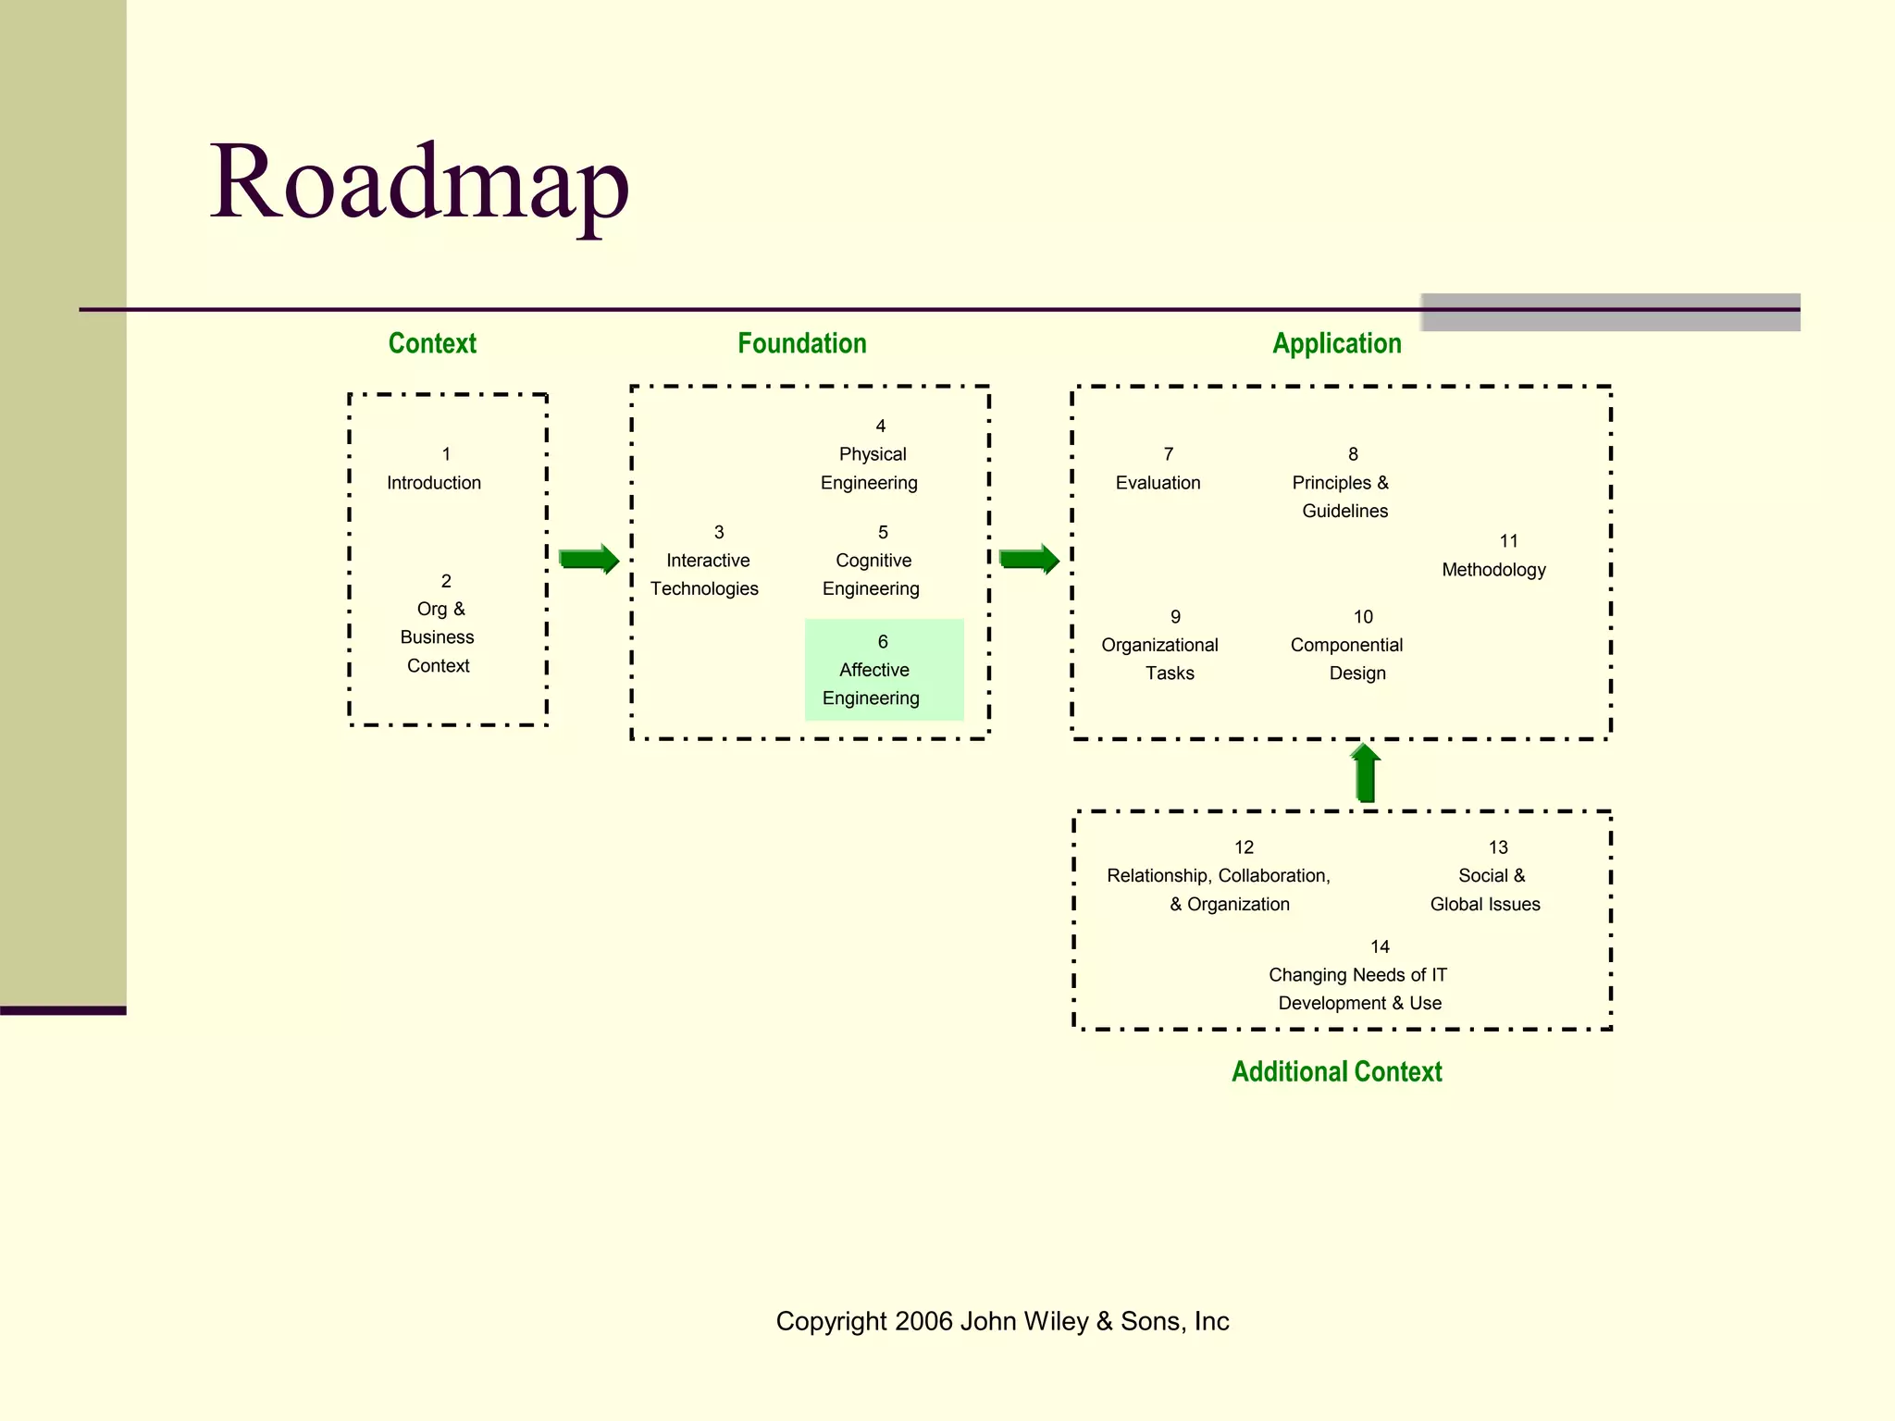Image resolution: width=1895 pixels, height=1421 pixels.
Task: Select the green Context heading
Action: [432, 343]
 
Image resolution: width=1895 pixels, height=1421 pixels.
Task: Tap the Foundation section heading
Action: [801, 343]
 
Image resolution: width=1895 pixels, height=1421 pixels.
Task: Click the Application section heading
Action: [1336, 343]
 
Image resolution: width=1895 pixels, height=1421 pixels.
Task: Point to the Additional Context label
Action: [1336, 1071]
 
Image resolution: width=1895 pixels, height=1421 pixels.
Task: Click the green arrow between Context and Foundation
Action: [588, 559]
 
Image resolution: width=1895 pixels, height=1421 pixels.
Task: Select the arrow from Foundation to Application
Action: [1029, 559]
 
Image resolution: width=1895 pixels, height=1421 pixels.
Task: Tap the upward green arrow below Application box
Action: [1365, 773]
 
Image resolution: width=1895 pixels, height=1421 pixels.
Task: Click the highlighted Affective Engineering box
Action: [884, 670]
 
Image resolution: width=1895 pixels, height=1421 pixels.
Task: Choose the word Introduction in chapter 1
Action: [433, 483]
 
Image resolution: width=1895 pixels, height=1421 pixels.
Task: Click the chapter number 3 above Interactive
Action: [719, 532]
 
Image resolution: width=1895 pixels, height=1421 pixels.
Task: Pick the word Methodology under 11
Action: [1493, 570]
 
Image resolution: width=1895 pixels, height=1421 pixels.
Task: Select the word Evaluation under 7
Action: [1158, 483]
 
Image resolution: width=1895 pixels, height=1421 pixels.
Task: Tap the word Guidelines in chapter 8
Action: [1344, 511]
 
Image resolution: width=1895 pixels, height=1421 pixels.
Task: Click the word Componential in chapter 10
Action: [1346, 645]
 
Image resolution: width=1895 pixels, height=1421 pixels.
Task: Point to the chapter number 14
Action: [1380, 946]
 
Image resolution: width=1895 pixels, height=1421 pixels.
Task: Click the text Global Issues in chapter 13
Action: [1484, 904]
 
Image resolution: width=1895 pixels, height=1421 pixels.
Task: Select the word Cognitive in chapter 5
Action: [873, 561]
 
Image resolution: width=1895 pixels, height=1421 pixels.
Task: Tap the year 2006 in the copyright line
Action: [923, 1321]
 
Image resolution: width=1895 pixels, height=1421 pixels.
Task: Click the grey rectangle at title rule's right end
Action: [1610, 313]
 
